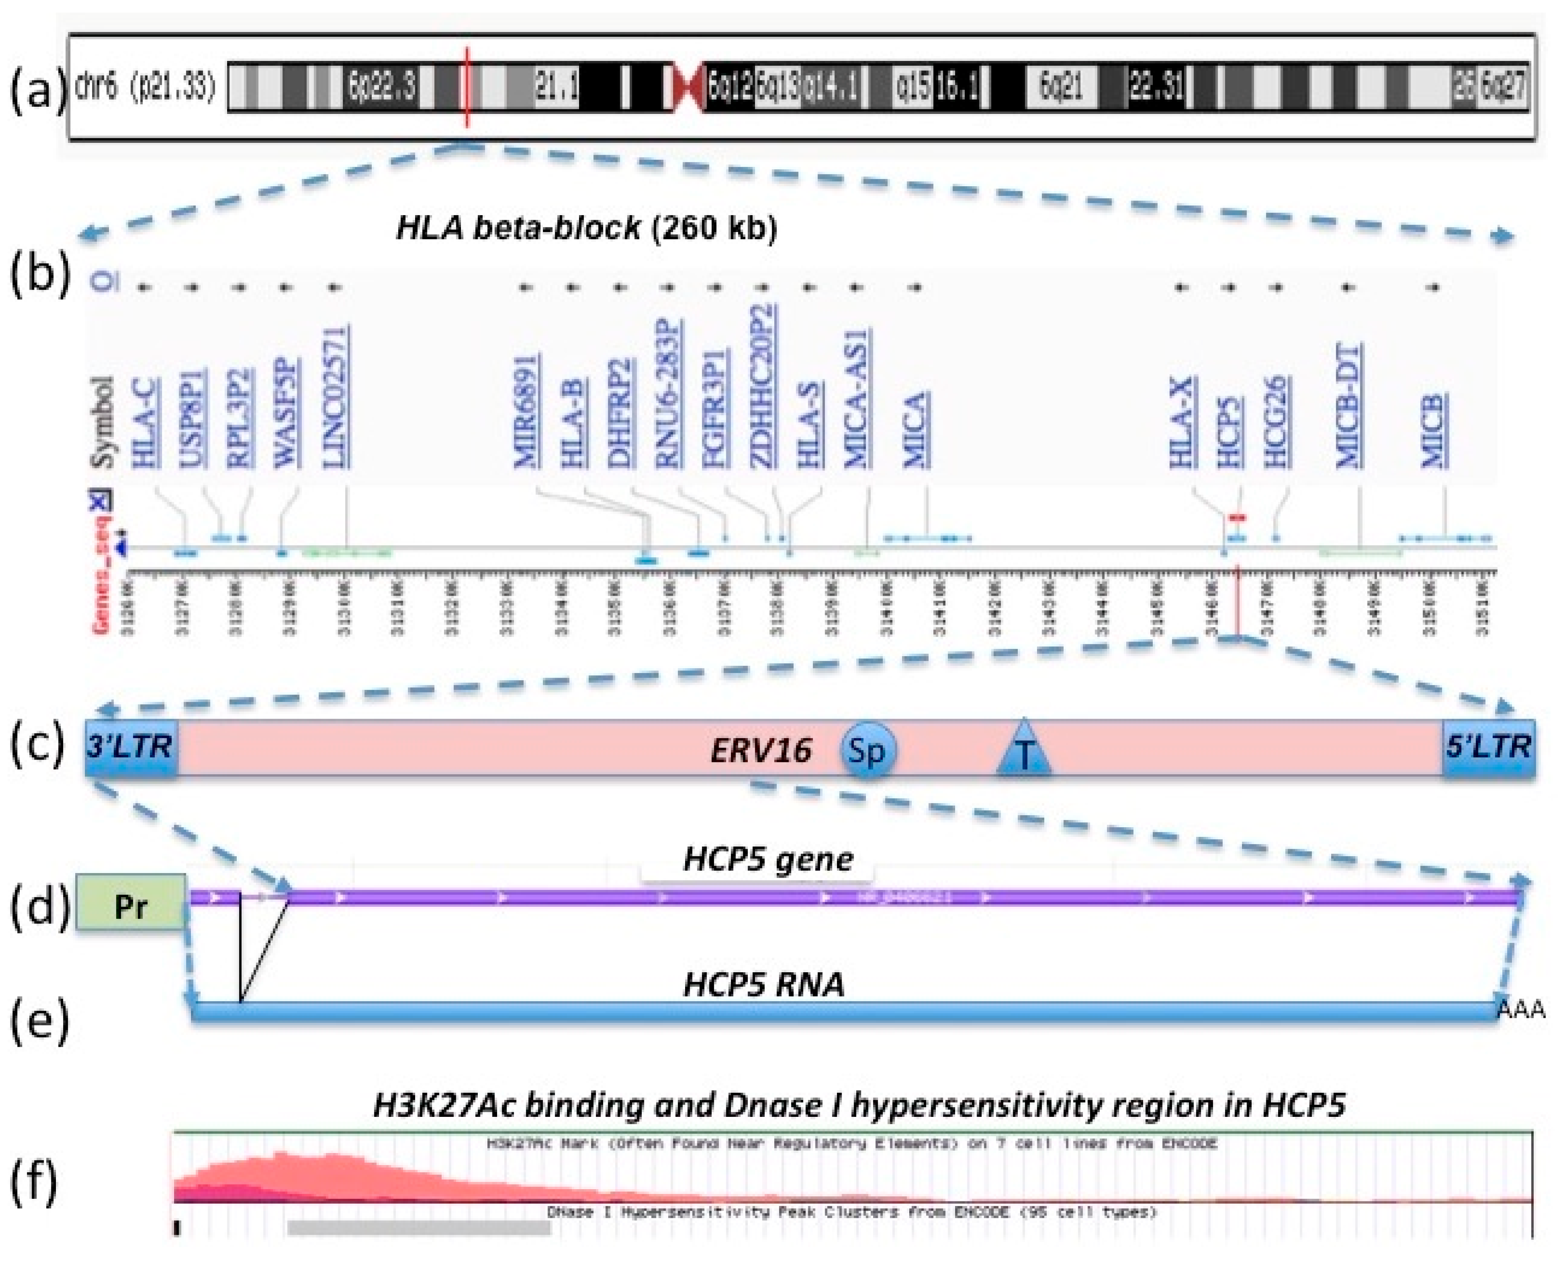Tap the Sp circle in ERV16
click(866, 749)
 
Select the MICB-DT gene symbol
click(1349, 406)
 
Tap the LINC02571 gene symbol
click(336, 396)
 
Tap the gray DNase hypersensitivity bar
click(419, 1227)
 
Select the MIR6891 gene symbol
click(527, 410)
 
